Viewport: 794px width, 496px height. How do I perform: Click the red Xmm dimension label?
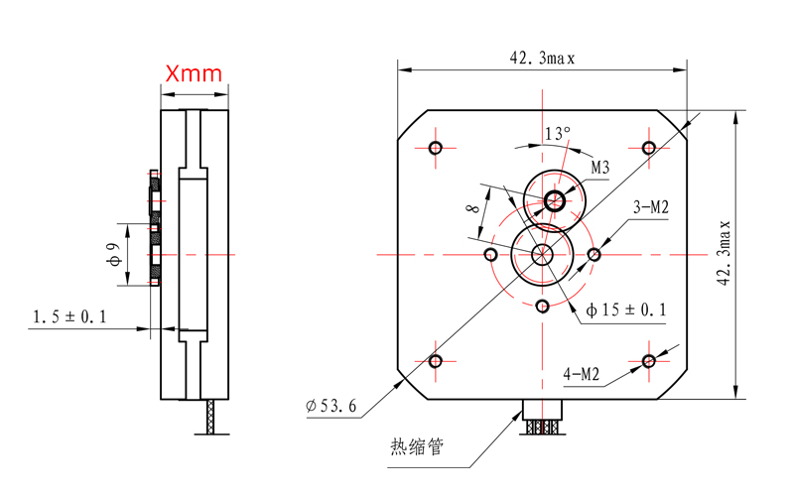[x=194, y=73]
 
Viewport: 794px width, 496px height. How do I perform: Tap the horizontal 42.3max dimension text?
[x=542, y=59]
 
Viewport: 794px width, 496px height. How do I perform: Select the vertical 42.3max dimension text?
[x=725, y=253]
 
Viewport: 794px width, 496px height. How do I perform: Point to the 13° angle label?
[x=558, y=134]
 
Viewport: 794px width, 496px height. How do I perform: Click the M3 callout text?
[x=600, y=168]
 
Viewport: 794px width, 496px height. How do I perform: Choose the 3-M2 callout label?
[x=651, y=207]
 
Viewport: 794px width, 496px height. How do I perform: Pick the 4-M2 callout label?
[x=582, y=374]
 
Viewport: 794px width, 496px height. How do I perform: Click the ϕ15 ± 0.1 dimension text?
[x=626, y=310]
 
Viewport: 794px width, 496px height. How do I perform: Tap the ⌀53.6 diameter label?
[x=331, y=406]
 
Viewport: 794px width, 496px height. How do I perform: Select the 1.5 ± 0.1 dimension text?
[x=69, y=316]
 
